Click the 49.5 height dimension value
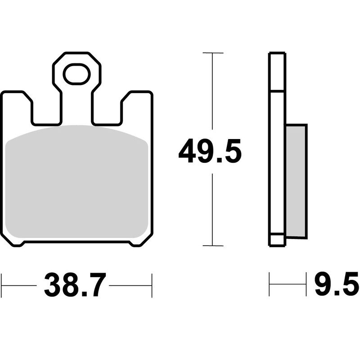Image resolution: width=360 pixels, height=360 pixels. (x=210, y=152)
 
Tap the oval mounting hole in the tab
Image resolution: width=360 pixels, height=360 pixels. (x=76, y=74)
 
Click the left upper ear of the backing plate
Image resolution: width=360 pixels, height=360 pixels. (x=17, y=101)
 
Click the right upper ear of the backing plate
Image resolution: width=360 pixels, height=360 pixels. (x=137, y=101)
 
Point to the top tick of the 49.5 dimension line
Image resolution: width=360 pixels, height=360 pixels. (x=213, y=53)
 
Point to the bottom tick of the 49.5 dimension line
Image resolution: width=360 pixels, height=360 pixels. (x=213, y=246)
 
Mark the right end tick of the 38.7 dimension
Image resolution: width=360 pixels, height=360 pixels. (x=152, y=285)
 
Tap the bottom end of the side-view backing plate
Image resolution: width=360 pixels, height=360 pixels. (x=277, y=244)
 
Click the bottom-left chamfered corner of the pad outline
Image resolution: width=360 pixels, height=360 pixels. (x=13, y=242)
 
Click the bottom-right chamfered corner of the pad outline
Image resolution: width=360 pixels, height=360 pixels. (x=140, y=242)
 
